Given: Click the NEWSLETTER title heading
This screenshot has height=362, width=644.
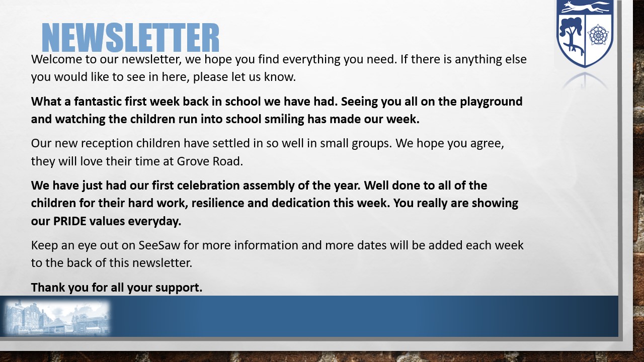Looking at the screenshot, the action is [130, 37].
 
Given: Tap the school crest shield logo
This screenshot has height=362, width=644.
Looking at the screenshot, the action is [585, 33].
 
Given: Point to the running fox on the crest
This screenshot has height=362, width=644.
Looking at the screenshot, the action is [585, 7].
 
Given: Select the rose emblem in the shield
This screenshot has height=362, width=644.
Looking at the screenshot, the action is [598, 35].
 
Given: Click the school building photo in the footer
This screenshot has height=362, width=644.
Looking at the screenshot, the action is [57, 317].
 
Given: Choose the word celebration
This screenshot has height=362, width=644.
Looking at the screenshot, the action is [208, 186].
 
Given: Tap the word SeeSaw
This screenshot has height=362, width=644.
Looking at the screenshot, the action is [159, 245].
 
